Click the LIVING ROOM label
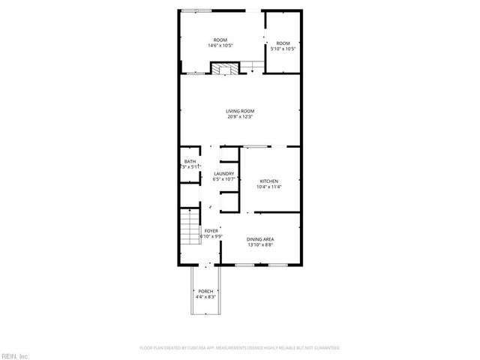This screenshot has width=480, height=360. [240, 111]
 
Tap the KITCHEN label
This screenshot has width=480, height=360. [269, 181]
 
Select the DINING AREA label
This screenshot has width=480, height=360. [260, 239]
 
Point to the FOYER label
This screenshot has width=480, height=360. [211, 231]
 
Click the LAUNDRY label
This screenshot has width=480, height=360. [224, 175]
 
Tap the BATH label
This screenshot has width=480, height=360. [190, 162]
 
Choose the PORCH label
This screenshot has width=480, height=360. [205, 291]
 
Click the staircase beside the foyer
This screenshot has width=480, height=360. [189, 229]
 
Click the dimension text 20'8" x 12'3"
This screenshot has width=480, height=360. [240, 117]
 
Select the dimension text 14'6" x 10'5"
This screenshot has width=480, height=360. [220, 46]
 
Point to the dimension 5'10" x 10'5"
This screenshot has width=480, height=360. [282, 49]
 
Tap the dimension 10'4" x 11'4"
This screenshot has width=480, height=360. [269, 187]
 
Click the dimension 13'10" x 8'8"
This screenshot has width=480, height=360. [260, 245]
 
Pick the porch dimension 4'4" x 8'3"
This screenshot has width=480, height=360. [205, 297]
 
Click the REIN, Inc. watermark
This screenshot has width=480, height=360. [15, 355]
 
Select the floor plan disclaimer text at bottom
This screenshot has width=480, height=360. [240, 348]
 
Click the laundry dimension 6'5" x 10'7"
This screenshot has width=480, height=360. [224, 180]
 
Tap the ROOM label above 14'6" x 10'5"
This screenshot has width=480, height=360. [220, 40]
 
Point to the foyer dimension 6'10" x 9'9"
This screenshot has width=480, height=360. [211, 236]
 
